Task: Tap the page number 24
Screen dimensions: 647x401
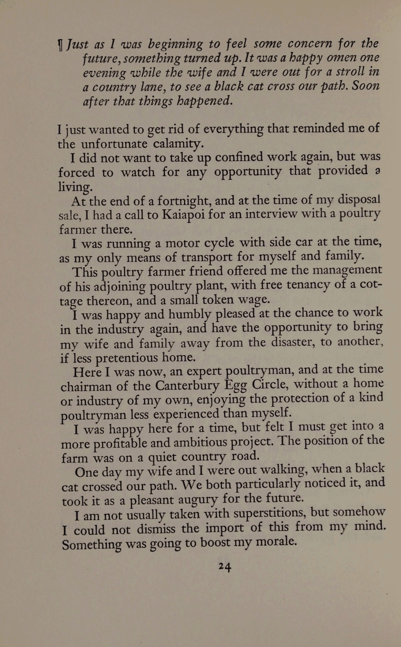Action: tap(225, 567)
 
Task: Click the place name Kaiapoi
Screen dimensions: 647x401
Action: tap(184, 215)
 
